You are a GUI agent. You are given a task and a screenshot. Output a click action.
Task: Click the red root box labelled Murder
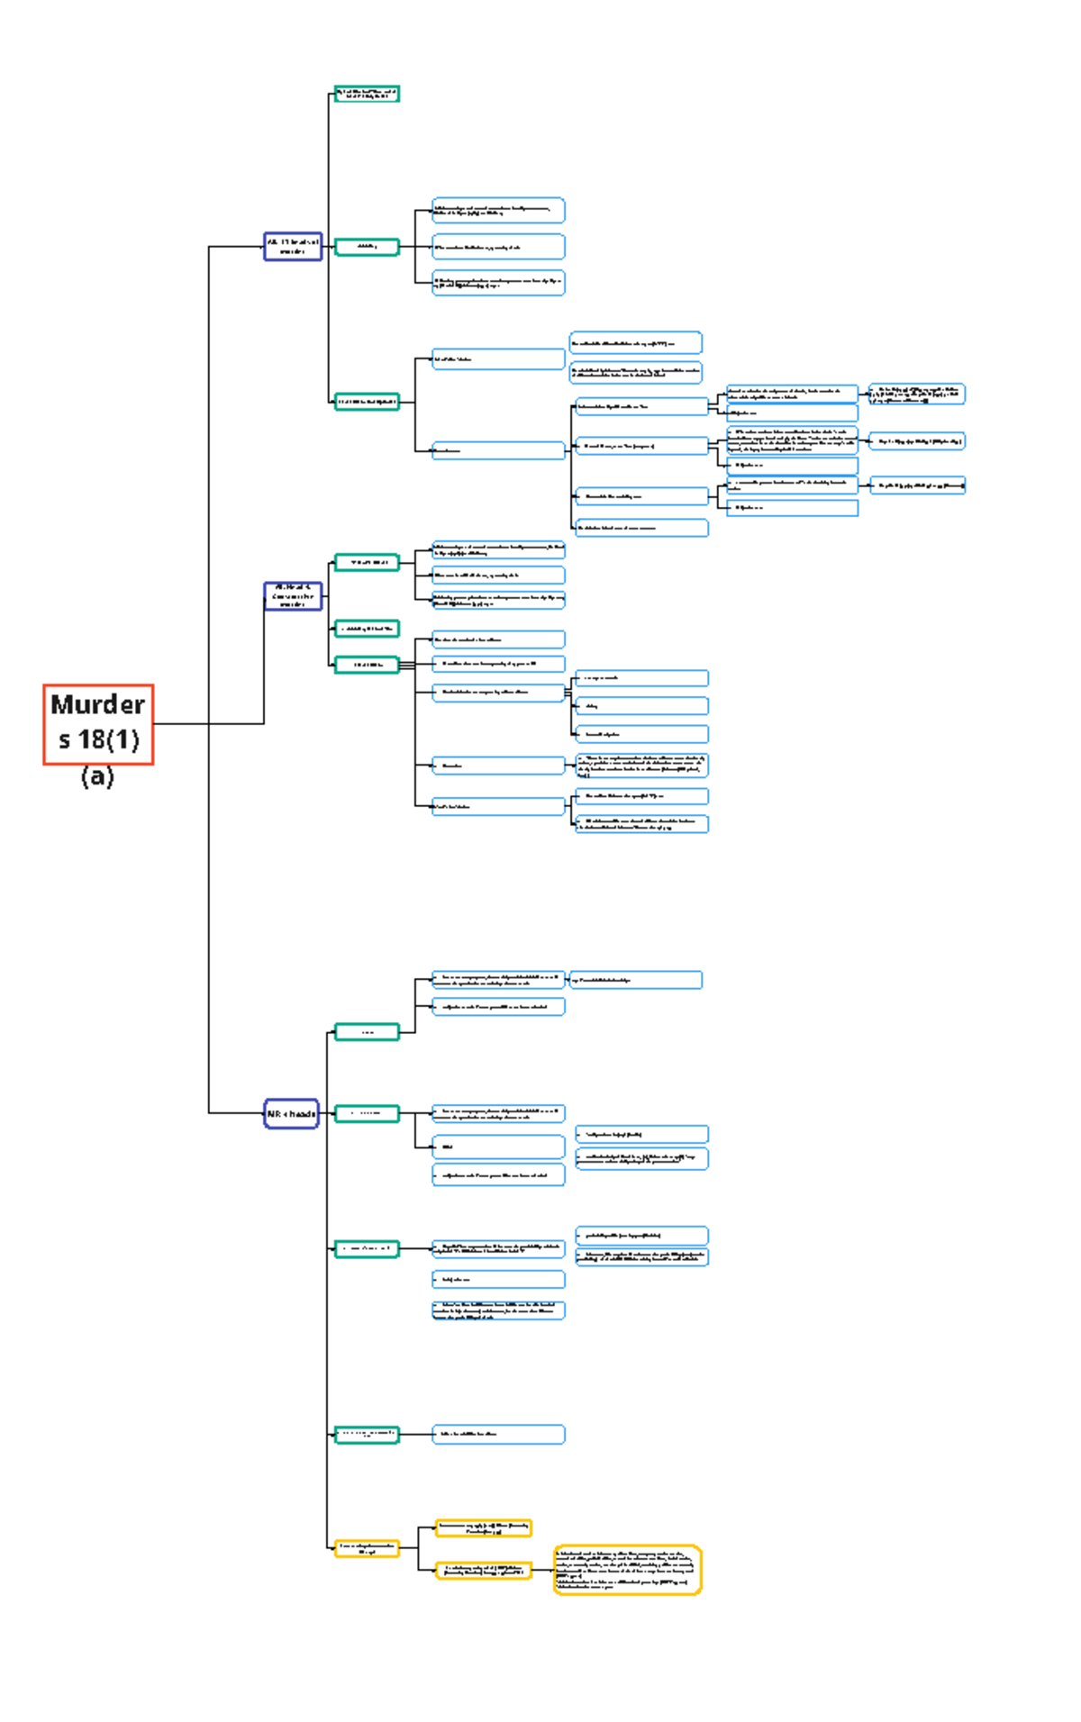(98, 724)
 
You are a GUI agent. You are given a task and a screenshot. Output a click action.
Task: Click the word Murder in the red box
(97, 704)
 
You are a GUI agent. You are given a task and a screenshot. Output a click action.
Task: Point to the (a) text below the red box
(97, 775)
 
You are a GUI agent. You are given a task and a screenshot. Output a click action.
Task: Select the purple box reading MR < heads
(291, 1113)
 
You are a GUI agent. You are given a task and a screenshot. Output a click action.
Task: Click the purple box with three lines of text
(293, 596)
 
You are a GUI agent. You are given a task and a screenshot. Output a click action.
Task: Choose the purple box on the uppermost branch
(293, 247)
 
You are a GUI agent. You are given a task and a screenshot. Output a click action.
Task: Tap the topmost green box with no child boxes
(367, 94)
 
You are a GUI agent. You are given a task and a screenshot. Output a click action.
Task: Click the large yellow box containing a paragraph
(627, 1570)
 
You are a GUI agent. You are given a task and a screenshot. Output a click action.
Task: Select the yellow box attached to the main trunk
(366, 1548)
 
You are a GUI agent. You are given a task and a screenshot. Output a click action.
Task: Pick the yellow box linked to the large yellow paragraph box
(483, 1570)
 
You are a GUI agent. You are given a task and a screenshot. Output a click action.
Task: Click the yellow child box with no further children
(483, 1527)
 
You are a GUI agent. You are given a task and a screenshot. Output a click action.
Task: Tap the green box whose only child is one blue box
(366, 1434)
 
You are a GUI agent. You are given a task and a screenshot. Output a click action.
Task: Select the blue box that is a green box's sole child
(498, 1434)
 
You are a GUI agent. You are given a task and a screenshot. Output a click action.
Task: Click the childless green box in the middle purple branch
(366, 629)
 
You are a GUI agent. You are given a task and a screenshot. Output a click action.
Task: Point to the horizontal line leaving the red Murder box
(207, 723)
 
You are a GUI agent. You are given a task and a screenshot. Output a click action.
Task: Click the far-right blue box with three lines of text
(916, 394)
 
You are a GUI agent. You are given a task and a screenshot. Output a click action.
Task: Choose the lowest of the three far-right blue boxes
(916, 485)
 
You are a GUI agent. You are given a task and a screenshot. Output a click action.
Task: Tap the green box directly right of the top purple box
(366, 247)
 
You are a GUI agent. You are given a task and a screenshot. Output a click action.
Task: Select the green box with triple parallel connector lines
(366, 666)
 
